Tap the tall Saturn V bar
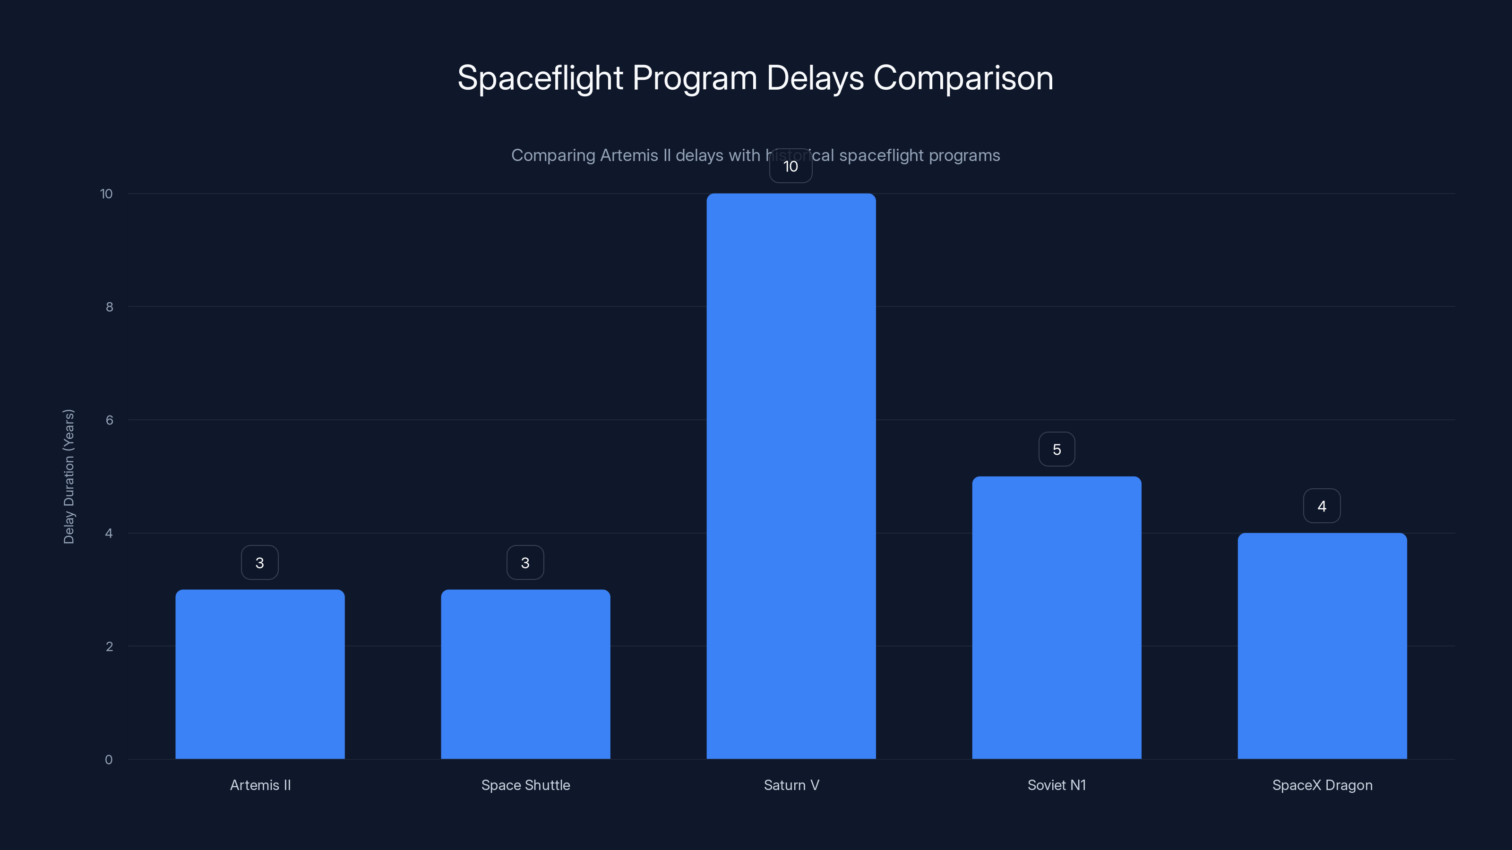point(790,476)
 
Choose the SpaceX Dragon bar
point(1322,645)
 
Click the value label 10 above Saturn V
point(790,167)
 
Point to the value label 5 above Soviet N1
point(1057,450)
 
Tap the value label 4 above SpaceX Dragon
point(1322,506)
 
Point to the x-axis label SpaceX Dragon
point(1322,785)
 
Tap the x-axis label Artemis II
point(260,785)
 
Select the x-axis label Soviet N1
point(1057,785)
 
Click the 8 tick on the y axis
point(109,307)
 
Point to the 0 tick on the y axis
point(109,760)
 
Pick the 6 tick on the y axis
point(109,420)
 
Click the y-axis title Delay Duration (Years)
point(69,476)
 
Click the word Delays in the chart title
point(815,78)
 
